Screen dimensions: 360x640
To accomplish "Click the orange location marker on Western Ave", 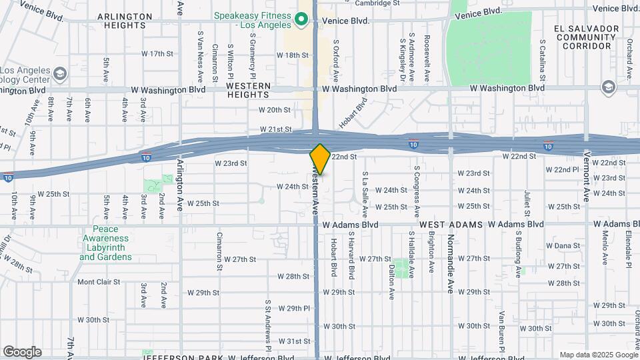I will [x=320, y=159].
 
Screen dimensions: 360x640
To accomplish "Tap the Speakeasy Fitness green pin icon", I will [x=301, y=19].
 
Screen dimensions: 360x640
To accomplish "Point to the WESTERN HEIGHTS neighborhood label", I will [x=248, y=91].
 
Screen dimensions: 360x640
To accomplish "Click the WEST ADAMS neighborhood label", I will [x=451, y=225].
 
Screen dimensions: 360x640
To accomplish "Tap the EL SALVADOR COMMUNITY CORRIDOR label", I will [x=586, y=37].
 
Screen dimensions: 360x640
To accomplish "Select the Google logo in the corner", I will [x=22, y=352].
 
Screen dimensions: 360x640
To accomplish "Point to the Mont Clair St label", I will [x=99, y=282].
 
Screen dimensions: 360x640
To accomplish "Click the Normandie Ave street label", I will [x=450, y=260].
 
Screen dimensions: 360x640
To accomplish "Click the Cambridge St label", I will [x=377, y=3].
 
